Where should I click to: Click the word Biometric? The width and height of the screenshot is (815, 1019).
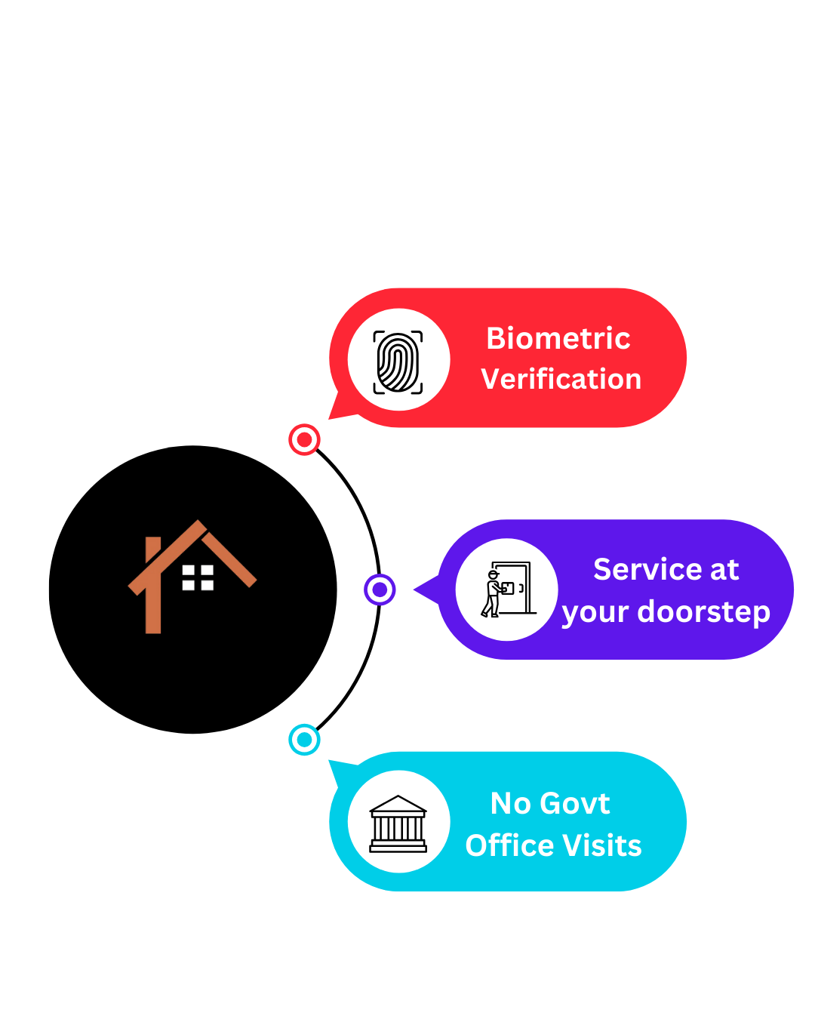558,338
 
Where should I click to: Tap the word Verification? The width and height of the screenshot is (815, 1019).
561,379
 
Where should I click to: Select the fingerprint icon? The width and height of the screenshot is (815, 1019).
398,362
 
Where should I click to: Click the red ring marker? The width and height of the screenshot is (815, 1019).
304,439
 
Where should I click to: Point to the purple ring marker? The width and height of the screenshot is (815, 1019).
380,590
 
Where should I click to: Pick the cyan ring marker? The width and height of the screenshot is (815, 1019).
304,740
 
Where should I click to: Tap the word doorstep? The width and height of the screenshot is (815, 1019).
703,611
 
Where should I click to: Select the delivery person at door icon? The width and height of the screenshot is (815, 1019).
506,590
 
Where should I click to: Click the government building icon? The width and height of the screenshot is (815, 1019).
398,824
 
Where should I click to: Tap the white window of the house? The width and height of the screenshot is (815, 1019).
198,577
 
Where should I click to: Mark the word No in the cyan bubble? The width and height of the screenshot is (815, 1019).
511,804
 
